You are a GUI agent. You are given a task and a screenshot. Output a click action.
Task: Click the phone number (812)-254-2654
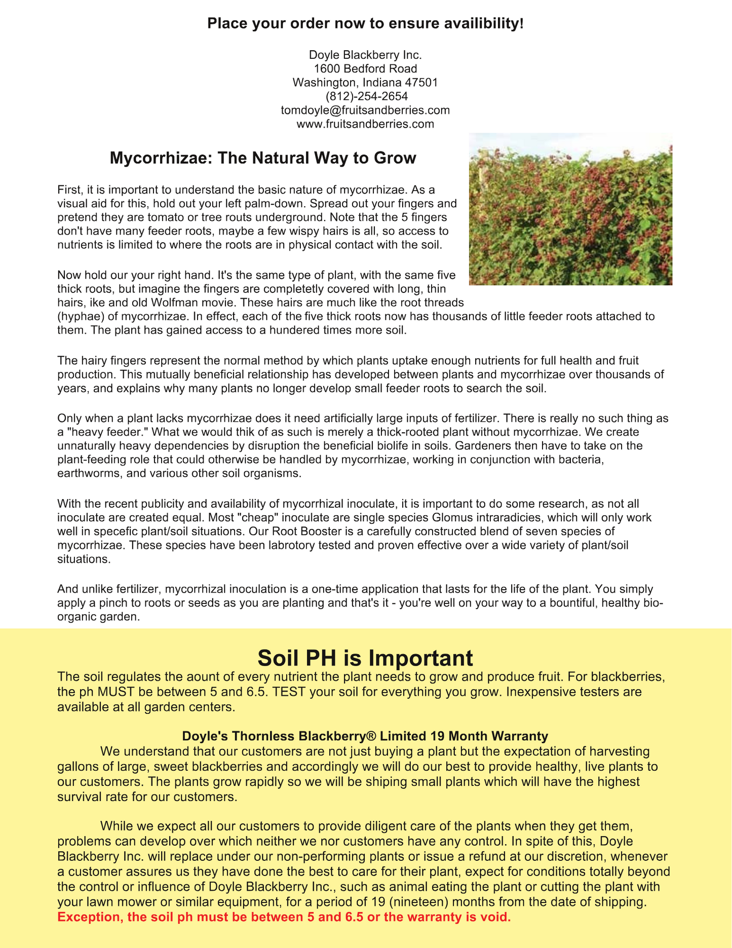(x=365, y=96)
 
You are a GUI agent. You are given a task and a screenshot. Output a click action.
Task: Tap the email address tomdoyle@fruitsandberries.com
(x=365, y=110)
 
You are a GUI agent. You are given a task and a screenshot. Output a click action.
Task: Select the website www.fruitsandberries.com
(x=365, y=124)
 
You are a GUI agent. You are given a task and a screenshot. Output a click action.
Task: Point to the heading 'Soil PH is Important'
(x=365, y=658)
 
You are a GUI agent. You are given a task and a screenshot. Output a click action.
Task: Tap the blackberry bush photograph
(x=570, y=209)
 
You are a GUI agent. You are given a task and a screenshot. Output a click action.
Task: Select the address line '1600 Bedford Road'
(x=365, y=68)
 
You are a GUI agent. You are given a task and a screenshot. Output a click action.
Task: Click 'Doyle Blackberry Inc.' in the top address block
(x=365, y=55)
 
